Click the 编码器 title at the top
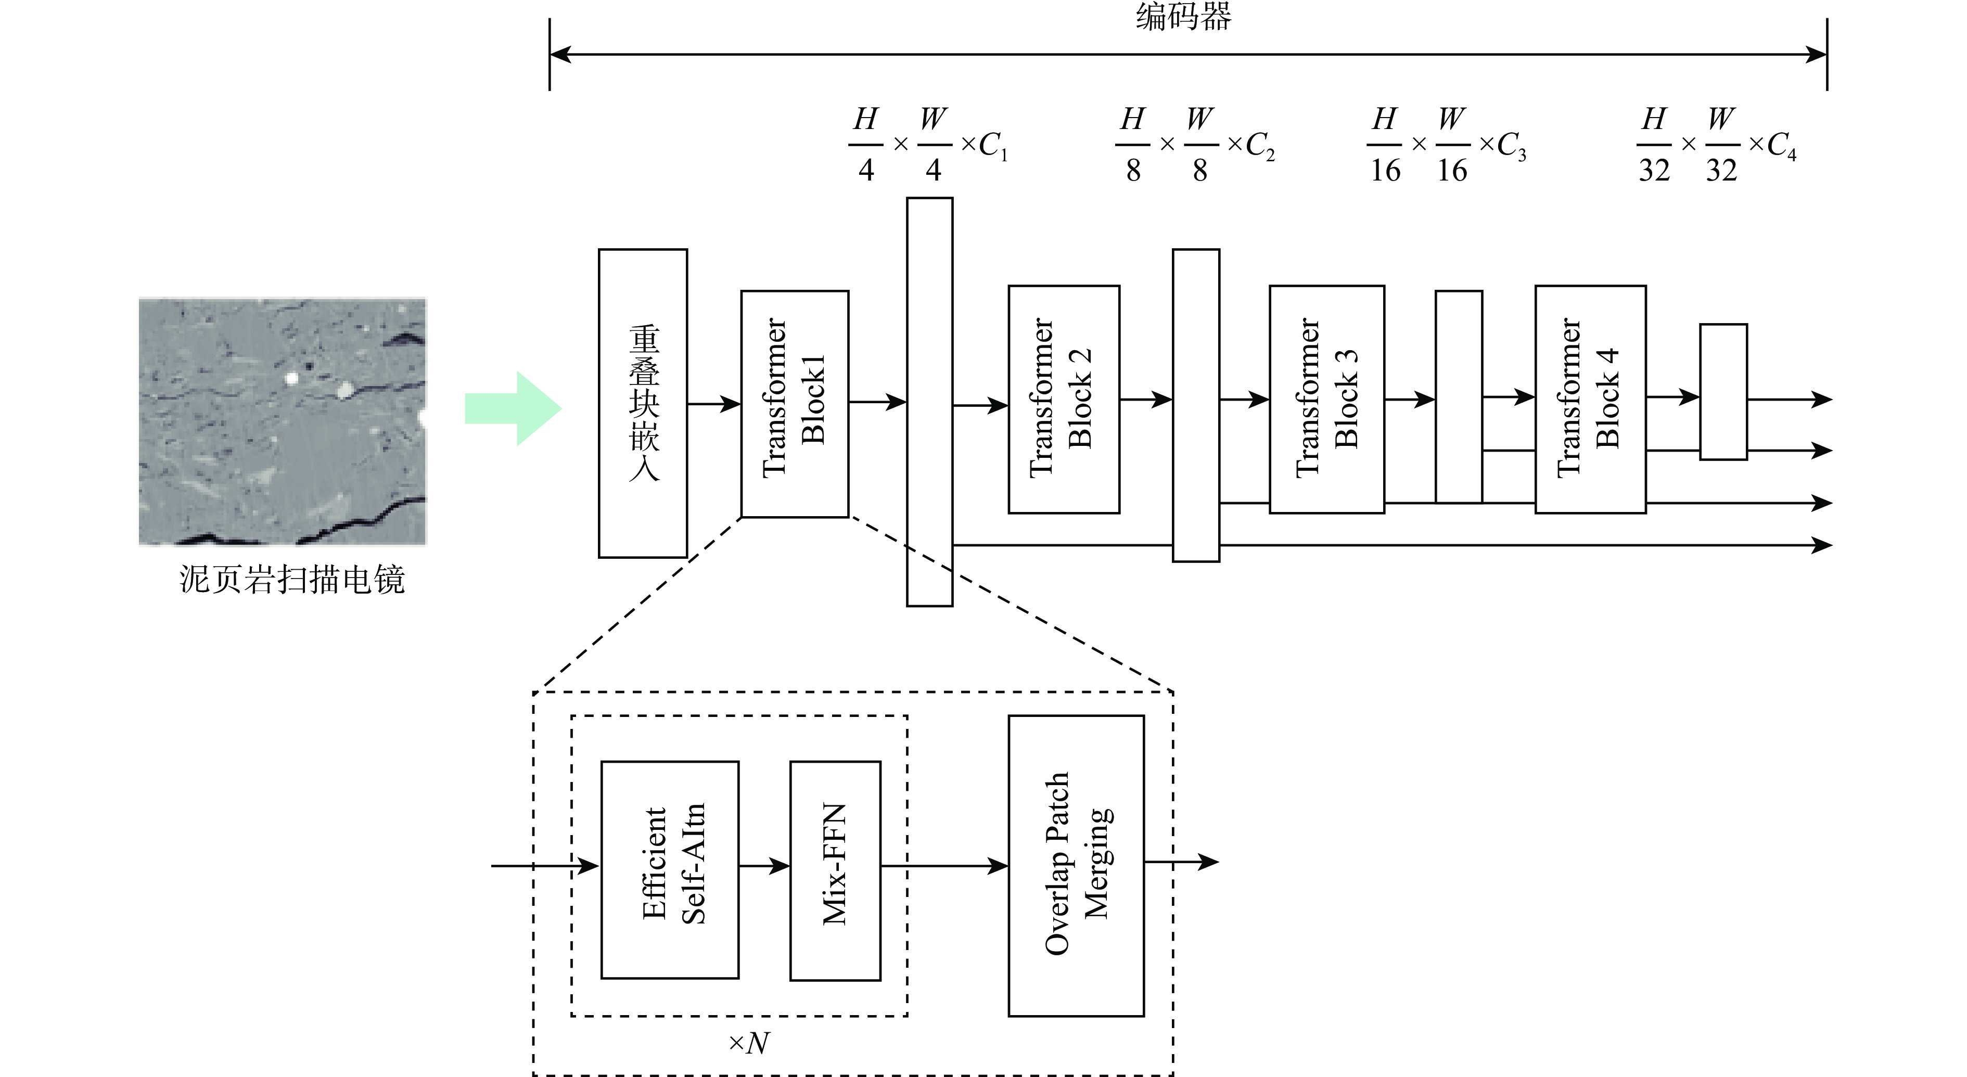[x=1183, y=17]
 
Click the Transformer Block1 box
[x=794, y=403]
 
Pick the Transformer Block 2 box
[x=1063, y=399]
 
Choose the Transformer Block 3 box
[x=1326, y=399]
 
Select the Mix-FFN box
[x=835, y=870]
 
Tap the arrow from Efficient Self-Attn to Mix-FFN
[x=763, y=866]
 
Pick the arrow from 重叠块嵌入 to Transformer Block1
[x=713, y=403]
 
